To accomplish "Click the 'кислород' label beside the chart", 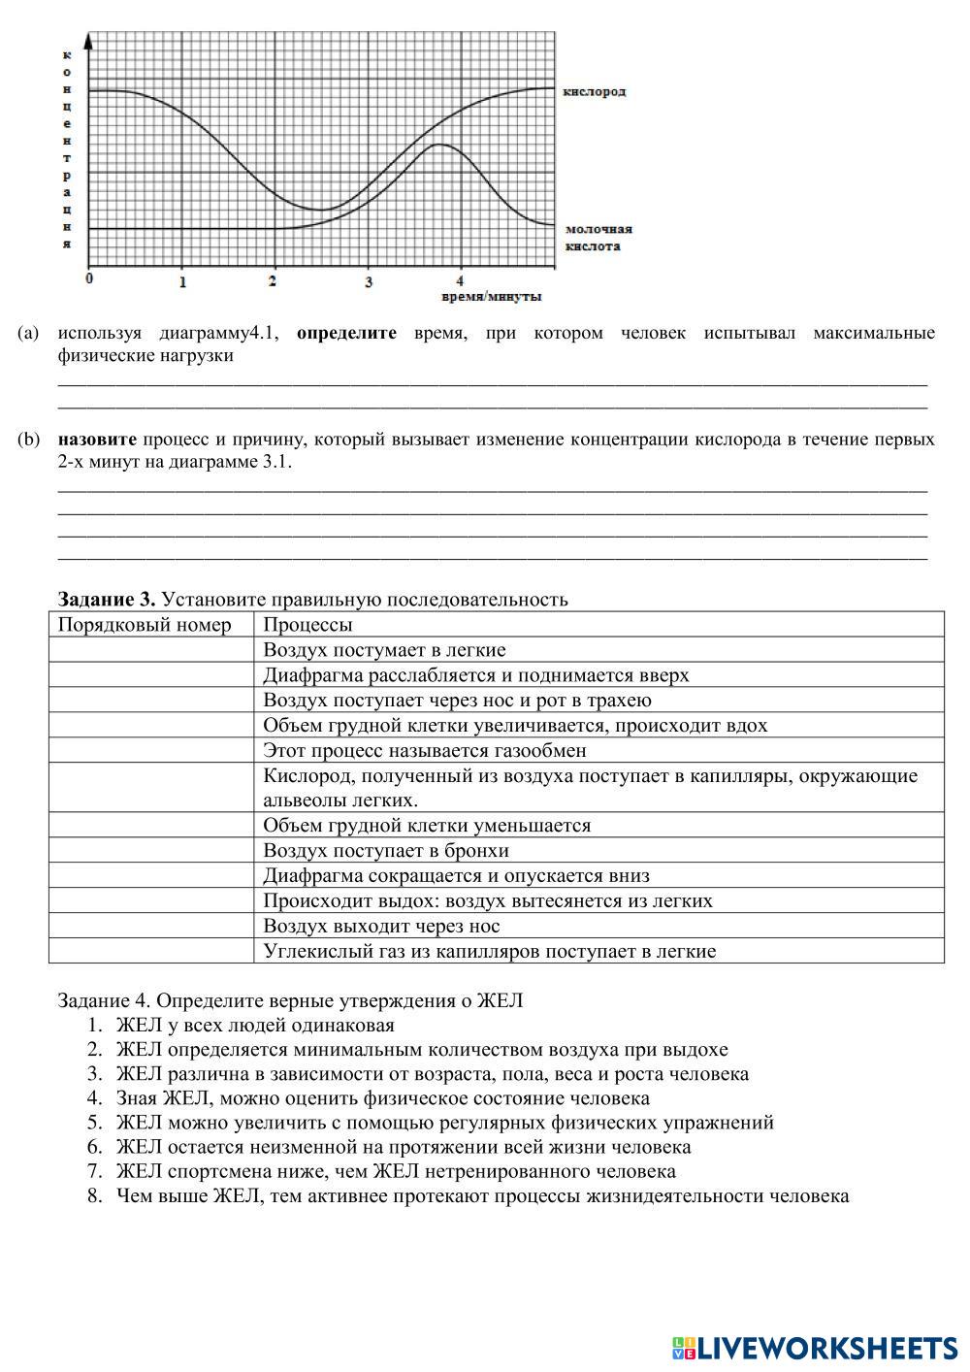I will (595, 91).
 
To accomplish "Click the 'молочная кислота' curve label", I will (598, 238).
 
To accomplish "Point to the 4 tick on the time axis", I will (460, 281).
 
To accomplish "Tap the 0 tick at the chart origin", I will (89, 279).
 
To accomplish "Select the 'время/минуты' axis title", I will (491, 296).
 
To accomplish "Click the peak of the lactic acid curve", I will (440, 145).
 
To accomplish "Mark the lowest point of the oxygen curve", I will (319, 210).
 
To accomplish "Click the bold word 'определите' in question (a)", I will (346, 333).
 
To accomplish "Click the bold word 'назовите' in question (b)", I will (97, 440).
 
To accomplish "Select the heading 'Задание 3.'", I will (107, 599).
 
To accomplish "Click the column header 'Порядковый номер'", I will (145, 625).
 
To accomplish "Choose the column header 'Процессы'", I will (307, 625).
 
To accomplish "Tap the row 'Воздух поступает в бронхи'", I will (386, 851).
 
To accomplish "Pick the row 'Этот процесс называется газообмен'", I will (425, 750).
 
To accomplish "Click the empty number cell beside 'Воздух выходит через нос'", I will (151, 927).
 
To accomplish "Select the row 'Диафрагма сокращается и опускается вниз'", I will (456, 876).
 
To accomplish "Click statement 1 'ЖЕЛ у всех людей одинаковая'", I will (254, 1025).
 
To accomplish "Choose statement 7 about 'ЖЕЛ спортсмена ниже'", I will (395, 1171).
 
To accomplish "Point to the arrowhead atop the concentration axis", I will (89, 39).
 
